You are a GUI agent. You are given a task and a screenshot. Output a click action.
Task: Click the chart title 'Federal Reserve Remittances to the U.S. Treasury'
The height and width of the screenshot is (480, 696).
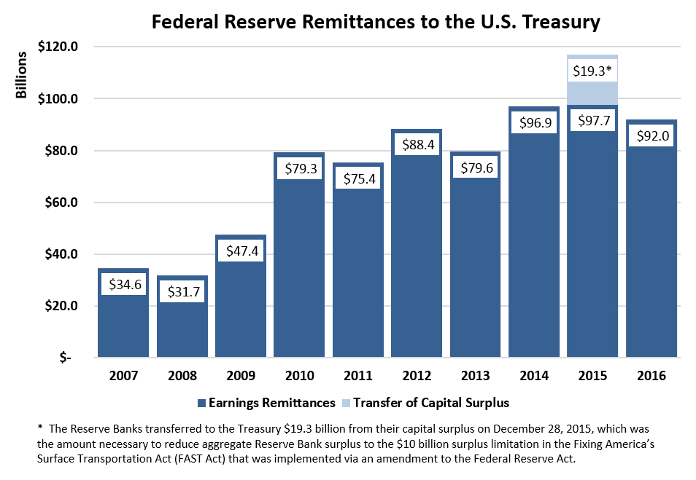pyautogui.click(x=375, y=23)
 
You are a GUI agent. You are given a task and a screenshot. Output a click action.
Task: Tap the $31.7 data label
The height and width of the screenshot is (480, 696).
pyautogui.click(x=182, y=292)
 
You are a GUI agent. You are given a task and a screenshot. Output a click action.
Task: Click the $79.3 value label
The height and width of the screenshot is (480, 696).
pyautogui.click(x=299, y=168)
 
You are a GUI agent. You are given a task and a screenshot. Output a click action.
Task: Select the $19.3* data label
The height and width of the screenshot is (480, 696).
pyautogui.click(x=592, y=71)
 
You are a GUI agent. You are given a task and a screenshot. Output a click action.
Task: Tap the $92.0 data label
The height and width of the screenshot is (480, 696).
pyautogui.click(x=651, y=135)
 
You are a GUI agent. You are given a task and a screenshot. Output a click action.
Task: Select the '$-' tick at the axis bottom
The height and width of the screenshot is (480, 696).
pyautogui.click(x=66, y=358)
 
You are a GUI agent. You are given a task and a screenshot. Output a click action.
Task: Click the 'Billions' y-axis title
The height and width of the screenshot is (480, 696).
pyautogui.click(x=23, y=74)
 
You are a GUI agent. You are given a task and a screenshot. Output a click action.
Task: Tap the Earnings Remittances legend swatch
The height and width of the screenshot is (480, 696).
pyautogui.click(x=201, y=402)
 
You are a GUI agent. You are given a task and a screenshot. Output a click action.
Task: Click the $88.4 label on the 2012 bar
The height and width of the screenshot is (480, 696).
pyautogui.click(x=417, y=145)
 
